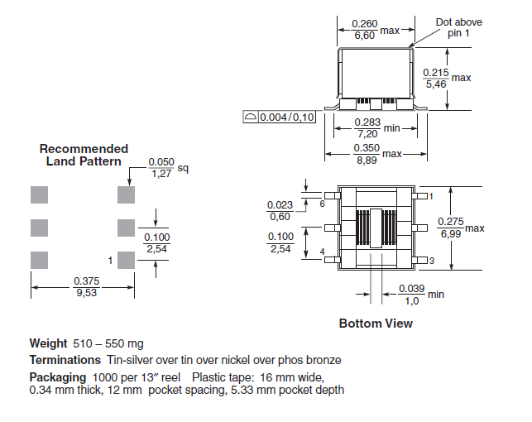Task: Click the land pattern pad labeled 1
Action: (126, 260)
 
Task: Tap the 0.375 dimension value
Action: (87, 281)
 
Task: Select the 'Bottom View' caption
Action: (376, 324)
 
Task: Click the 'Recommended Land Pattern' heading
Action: (84, 155)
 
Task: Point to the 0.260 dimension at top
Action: (364, 24)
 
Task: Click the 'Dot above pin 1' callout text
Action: (458, 27)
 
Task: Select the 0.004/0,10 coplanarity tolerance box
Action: (279, 117)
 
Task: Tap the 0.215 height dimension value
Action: (436, 73)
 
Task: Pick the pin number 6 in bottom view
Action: (323, 204)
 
